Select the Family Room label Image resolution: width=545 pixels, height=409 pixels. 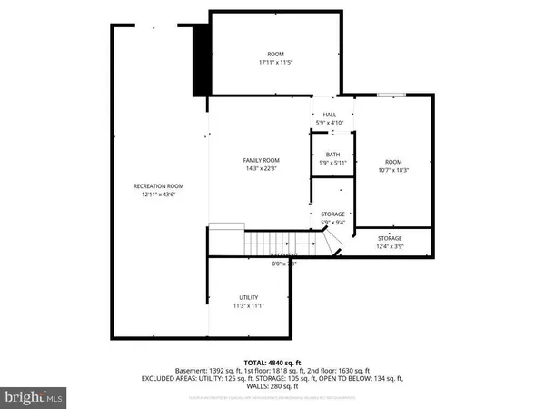tap(260, 159)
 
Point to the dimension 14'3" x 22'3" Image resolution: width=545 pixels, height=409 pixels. tap(260, 168)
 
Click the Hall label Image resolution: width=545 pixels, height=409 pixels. tap(330, 114)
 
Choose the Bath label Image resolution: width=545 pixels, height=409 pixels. tap(330, 155)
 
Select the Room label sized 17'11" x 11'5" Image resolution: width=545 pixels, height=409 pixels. tap(275, 54)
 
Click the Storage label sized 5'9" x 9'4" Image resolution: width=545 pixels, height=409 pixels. tap(333, 214)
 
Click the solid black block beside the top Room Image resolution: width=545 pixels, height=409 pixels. tap(202, 59)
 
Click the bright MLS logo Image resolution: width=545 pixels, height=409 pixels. tap(34, 396)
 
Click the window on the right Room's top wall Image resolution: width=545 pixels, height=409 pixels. tap(391, 93)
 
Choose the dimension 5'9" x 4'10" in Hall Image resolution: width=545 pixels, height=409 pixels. tap(330, 123)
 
